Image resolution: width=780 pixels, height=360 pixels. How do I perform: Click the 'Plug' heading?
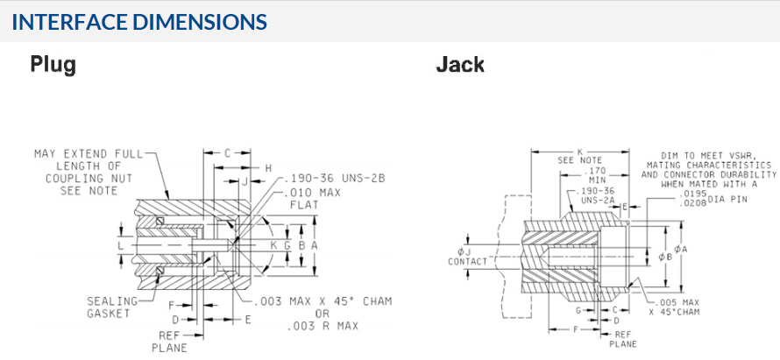53,64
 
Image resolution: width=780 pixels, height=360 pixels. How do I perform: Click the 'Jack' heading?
460,64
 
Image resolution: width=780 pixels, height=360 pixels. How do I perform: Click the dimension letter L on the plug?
121,246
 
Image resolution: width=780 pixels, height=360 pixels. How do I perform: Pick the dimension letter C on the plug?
226,152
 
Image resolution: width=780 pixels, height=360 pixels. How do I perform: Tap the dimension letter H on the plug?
269,167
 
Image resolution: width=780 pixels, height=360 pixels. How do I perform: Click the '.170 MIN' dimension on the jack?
597,176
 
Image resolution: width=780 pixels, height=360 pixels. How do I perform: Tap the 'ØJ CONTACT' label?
466,256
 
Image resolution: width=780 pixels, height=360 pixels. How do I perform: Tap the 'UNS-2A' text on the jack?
599,201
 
